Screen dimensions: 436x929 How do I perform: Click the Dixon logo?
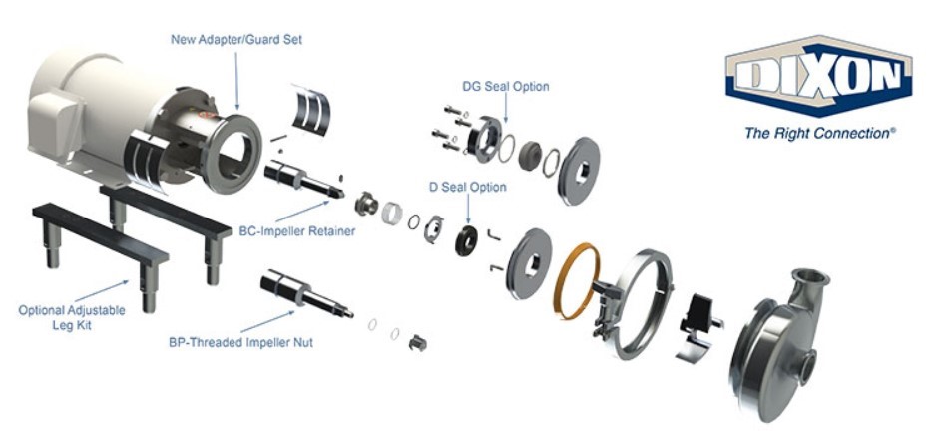[x=818, y=77]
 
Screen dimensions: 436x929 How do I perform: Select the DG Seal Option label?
[x=505, y=86]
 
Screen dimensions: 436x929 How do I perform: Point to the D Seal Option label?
[x=467, y=187]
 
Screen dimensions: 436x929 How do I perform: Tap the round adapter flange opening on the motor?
[x=232, y=154]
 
